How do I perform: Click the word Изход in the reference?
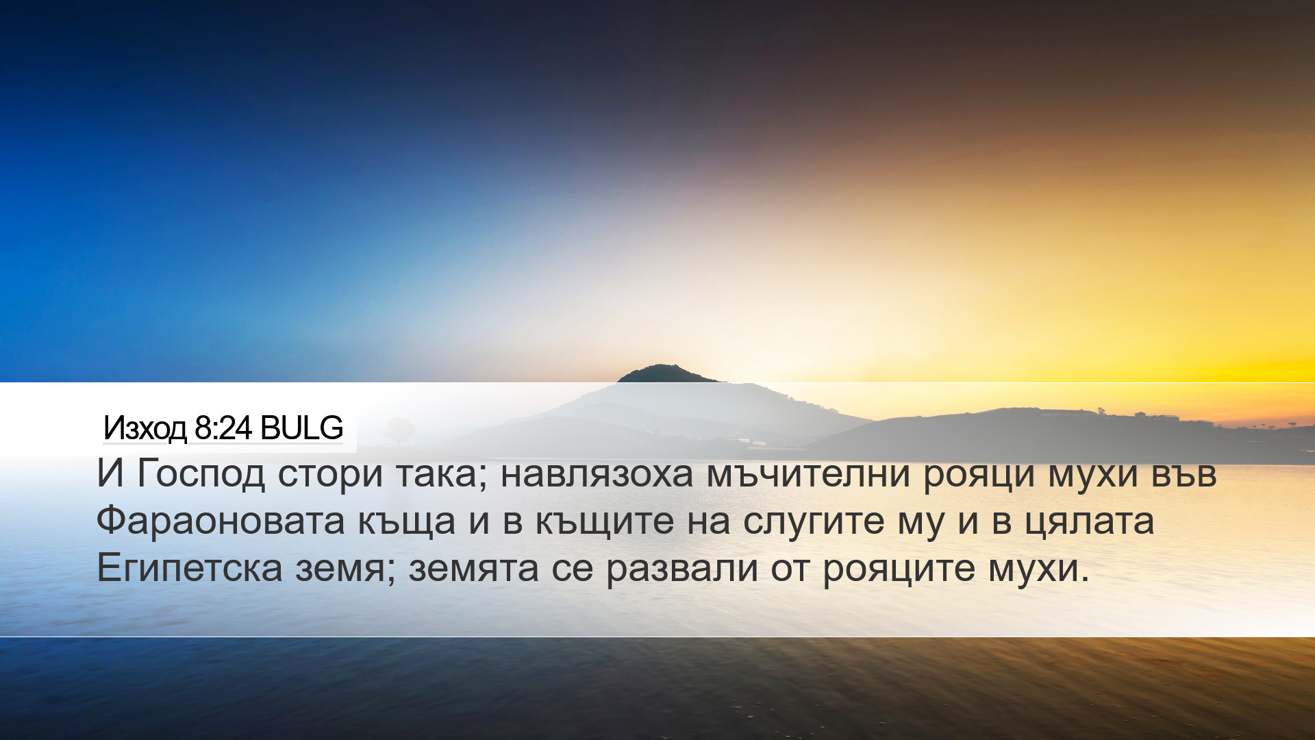pyautogui.click(x=145, y=428)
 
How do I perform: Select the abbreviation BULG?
pyautogui.click(x=302, y=428)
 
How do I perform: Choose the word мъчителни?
pyautogui.click(x=808, y=473)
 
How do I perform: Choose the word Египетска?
pyautogui.click(x=190, y=568)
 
